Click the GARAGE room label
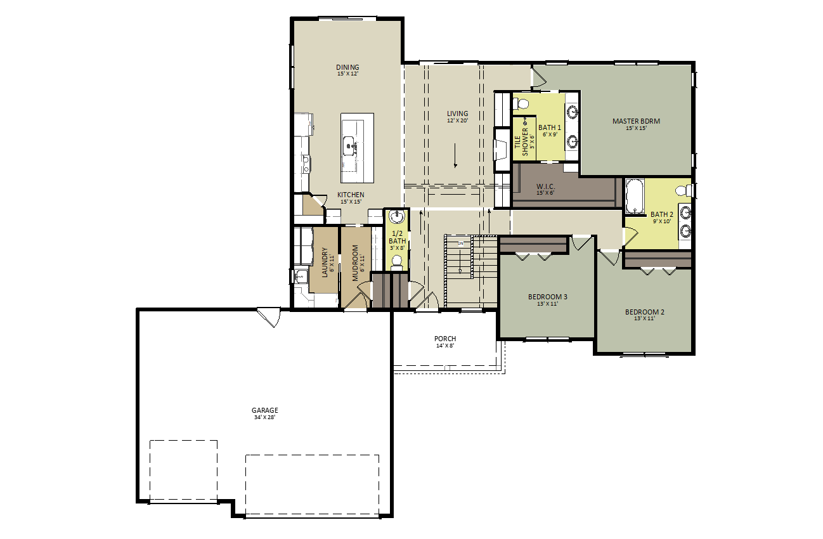coord(264,410)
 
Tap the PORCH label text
coord(445,339)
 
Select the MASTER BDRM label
coord(636,121)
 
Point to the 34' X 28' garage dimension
coord(264,417)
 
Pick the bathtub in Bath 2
coord(635,196)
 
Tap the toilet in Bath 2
coord(684,191)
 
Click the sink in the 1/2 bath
coord(397,216)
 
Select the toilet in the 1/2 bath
coord(397,263)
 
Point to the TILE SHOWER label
coord(521,142)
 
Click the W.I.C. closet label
coord(545,186)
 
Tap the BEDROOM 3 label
coord(547,297)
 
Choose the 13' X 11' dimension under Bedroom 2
coord(644,318)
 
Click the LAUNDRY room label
coord(325,263)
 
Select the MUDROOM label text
coord(355,263)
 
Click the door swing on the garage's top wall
coord(269,318)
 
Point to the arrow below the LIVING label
coord(455,155)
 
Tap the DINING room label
coord(347,67)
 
